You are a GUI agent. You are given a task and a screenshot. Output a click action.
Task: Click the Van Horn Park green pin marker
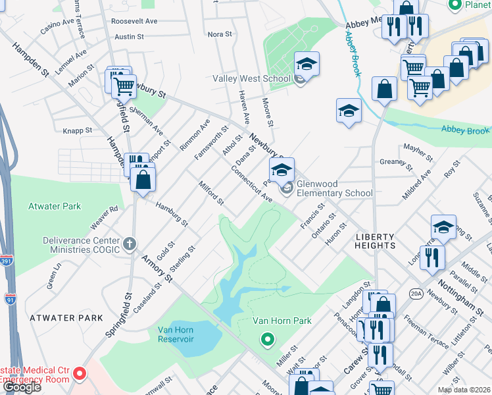click(x=267, y=340)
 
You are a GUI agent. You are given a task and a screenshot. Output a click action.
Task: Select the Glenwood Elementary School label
click(x=334, y=189)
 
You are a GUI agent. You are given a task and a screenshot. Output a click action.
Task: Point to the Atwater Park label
click(x=54, y=206)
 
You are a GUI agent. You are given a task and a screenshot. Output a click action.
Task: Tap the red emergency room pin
click(x=80, y=375)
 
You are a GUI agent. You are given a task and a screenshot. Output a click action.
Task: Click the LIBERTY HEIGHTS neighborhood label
click(x=376, y=241)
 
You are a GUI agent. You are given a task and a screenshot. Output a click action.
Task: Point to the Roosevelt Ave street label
click(x=134, y=21)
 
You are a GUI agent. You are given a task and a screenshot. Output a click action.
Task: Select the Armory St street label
click(x=157, y=269)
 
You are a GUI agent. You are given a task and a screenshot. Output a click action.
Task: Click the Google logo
click(x=22, y=388)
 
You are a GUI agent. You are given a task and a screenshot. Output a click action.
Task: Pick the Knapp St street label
click(x=78, y=130)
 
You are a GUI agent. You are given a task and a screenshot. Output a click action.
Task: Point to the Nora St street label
click(x=220, y=34)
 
